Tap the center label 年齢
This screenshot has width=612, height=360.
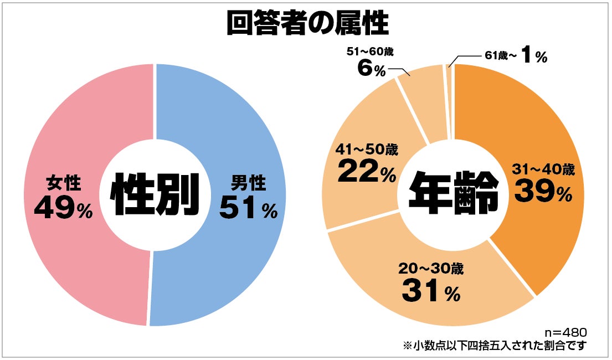pyautogui.click(x=452, y=194)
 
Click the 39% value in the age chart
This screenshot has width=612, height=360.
pyautogui.click(x=542, y=192)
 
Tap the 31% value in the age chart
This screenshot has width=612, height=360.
pyautogui.click(x=431, y=291)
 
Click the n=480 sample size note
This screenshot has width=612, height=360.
pyautogui.click(x=565, y=332)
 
